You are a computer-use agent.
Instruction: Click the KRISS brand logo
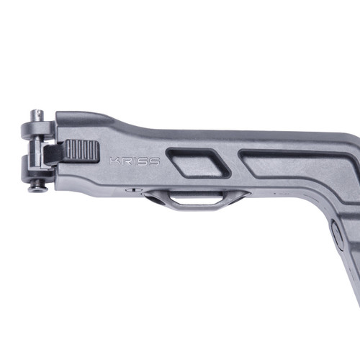[135, 161]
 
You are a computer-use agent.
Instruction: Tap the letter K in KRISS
[114, 161]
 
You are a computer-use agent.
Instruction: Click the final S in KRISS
[154, 161]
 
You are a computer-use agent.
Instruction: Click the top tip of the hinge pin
[37, 112]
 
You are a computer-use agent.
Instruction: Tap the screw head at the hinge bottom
[37, 188]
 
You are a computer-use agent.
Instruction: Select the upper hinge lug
[36, 130]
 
